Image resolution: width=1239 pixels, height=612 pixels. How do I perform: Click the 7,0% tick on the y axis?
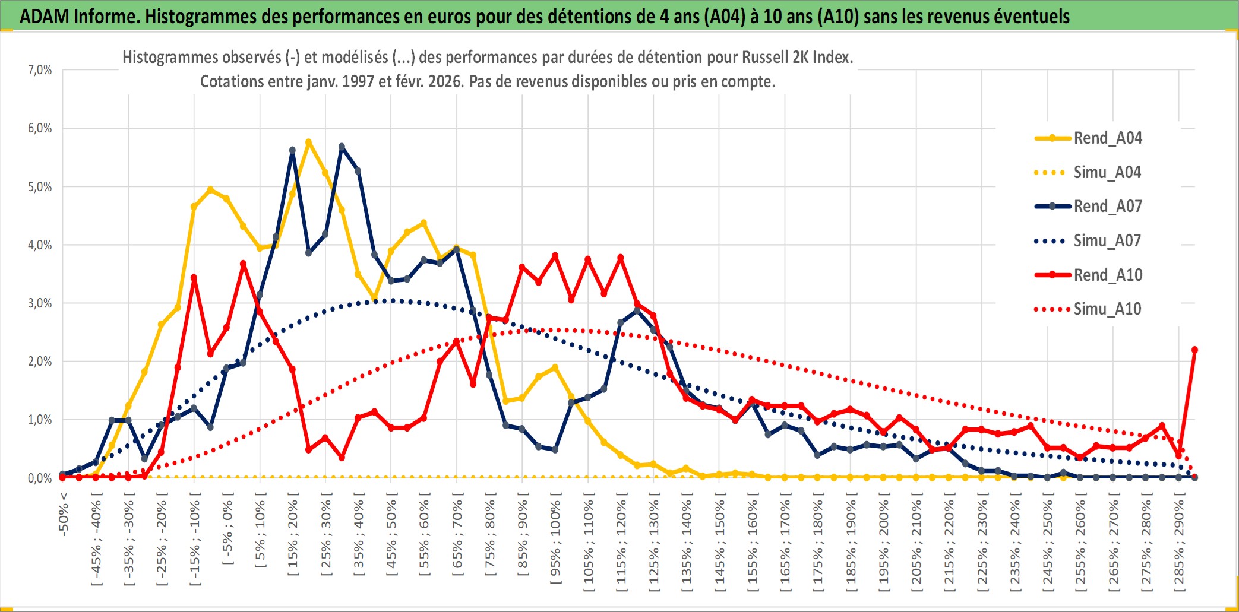pos(40,70)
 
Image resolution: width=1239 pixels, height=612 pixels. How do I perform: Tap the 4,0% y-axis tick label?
pos(40,245)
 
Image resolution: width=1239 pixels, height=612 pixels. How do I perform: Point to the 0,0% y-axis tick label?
pos(40,478)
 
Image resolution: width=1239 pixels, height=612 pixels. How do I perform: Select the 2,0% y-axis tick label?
pos(40,361)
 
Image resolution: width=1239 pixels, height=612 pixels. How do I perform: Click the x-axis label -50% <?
pos(64,514)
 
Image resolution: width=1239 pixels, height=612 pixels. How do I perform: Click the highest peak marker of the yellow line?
pos(309,142)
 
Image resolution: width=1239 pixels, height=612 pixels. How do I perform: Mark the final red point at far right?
pos(1194,350)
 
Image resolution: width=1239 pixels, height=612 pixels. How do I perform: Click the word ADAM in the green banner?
pos(44,16)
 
